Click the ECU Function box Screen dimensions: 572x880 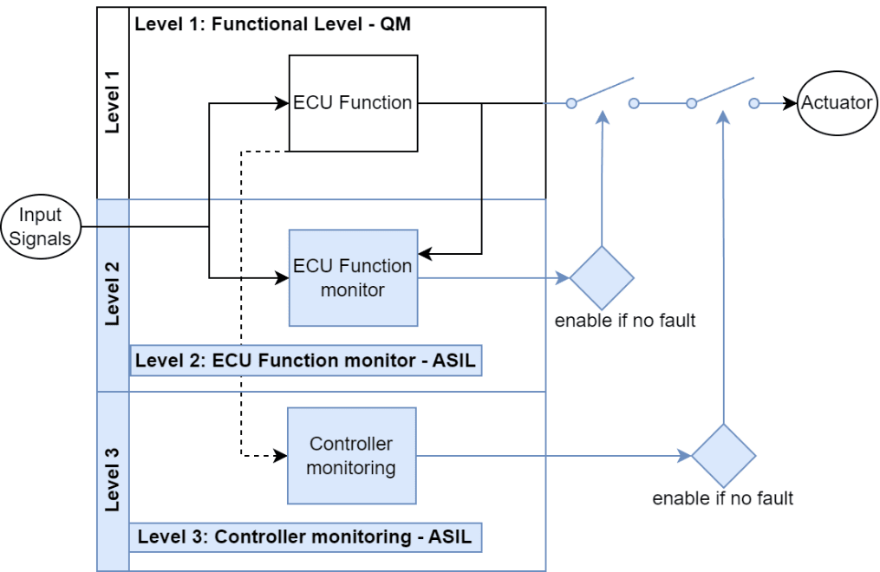353,102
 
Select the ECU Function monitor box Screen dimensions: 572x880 353,277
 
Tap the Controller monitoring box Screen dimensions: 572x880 351,456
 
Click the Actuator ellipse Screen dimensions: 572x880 836,103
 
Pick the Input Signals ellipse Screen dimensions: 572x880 41,227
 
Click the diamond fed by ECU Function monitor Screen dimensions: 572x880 602,278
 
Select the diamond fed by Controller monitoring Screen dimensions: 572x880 723,456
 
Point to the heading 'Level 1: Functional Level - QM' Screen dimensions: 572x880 272,23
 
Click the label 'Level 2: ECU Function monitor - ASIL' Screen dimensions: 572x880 305,361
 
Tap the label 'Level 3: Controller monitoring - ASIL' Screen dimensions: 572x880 305,537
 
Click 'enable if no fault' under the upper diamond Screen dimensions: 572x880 625,321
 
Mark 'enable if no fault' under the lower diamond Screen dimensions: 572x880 722,498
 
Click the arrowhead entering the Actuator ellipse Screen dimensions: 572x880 790,103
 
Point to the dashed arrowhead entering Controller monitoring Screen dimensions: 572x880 281,456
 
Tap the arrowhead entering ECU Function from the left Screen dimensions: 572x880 282,103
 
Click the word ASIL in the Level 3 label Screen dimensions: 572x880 450,537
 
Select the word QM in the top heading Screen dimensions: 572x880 394,23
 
